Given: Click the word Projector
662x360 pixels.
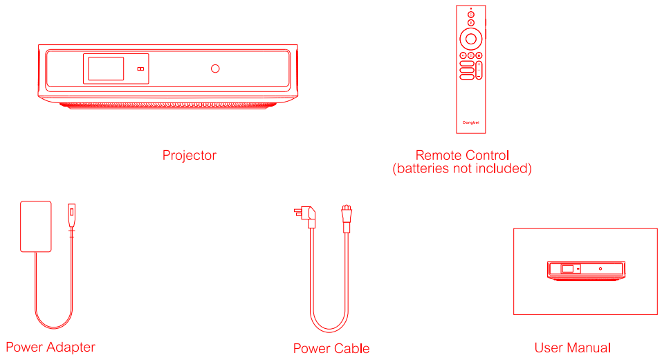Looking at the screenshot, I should [189, 155].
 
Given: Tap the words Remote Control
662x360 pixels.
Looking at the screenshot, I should [462, 155].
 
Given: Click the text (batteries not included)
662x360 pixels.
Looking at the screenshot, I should [462, 168].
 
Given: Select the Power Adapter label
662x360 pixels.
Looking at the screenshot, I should [50, 347].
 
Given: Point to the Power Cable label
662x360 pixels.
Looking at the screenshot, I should [331, 348].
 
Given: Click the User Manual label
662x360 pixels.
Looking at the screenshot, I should [572, 348].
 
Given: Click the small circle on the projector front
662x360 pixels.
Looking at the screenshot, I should [215, 69].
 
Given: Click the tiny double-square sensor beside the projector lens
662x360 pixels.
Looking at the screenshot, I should [140, 69].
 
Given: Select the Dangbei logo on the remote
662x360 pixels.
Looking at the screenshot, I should [470, 123].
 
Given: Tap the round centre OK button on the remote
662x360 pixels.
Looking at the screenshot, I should [470, 37].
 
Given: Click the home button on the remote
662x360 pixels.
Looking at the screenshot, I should [479, 55].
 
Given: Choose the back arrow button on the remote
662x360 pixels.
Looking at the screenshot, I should [462, 55].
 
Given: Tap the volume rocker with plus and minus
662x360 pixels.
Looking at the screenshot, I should [479, 70].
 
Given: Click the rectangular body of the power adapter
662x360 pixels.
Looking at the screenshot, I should [35, 226].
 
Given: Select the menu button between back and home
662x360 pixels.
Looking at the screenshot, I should [470, 55].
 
